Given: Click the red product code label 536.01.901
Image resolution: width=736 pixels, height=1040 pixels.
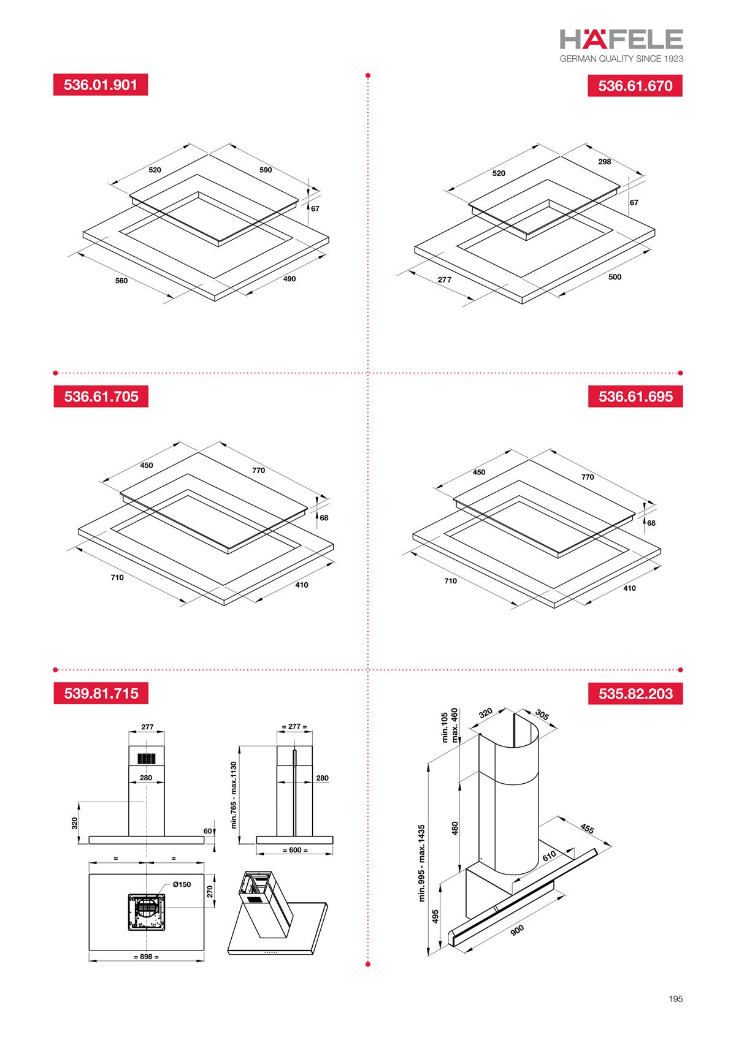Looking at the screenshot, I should point(101,85).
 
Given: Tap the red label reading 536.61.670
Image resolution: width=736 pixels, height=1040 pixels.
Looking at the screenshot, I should point(635,86).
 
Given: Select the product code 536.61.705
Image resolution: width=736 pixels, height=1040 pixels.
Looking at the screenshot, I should point(101,397).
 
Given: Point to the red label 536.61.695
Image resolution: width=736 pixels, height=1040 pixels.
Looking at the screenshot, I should point(635,397).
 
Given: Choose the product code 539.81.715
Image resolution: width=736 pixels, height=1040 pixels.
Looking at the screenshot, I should point(101,694).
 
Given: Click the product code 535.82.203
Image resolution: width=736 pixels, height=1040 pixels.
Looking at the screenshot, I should point(635,694).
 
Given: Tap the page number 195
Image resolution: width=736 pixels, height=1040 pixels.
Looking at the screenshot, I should point(675,999).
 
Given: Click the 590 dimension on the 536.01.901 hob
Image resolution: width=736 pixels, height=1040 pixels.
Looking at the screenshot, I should point(265,170).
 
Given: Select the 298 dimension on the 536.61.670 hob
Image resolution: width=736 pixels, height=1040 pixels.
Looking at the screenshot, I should point(604,162).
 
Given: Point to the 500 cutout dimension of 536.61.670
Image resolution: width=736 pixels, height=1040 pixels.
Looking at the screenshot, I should point(615,277).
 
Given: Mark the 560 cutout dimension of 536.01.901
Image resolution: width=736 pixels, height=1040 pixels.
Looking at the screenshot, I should point(121,281).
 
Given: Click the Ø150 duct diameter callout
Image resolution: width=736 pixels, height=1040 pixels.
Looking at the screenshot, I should point(182,884).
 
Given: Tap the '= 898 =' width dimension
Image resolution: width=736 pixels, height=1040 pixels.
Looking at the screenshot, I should point(146,956).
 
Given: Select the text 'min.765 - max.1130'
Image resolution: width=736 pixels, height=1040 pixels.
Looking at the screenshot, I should point(234,795).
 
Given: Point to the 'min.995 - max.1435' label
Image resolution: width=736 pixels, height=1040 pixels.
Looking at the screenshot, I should point(422,863).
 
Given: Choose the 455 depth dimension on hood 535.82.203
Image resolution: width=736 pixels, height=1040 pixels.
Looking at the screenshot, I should point(586,829).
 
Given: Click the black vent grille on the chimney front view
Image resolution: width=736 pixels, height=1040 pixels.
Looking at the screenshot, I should point(147,758).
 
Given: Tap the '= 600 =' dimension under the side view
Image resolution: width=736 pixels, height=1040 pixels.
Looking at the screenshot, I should point(295,850).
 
